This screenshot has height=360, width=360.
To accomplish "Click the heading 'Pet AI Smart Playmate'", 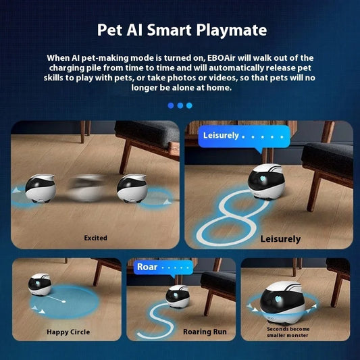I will [182, 30].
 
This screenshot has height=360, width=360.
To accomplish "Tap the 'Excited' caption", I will [95, 238].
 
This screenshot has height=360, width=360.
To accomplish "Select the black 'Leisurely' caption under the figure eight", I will [280, 239].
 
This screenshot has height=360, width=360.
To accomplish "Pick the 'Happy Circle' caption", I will [68, 332].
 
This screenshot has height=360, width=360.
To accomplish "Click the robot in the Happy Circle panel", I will [41, 284].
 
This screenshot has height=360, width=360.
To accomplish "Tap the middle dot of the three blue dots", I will [180, 105].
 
